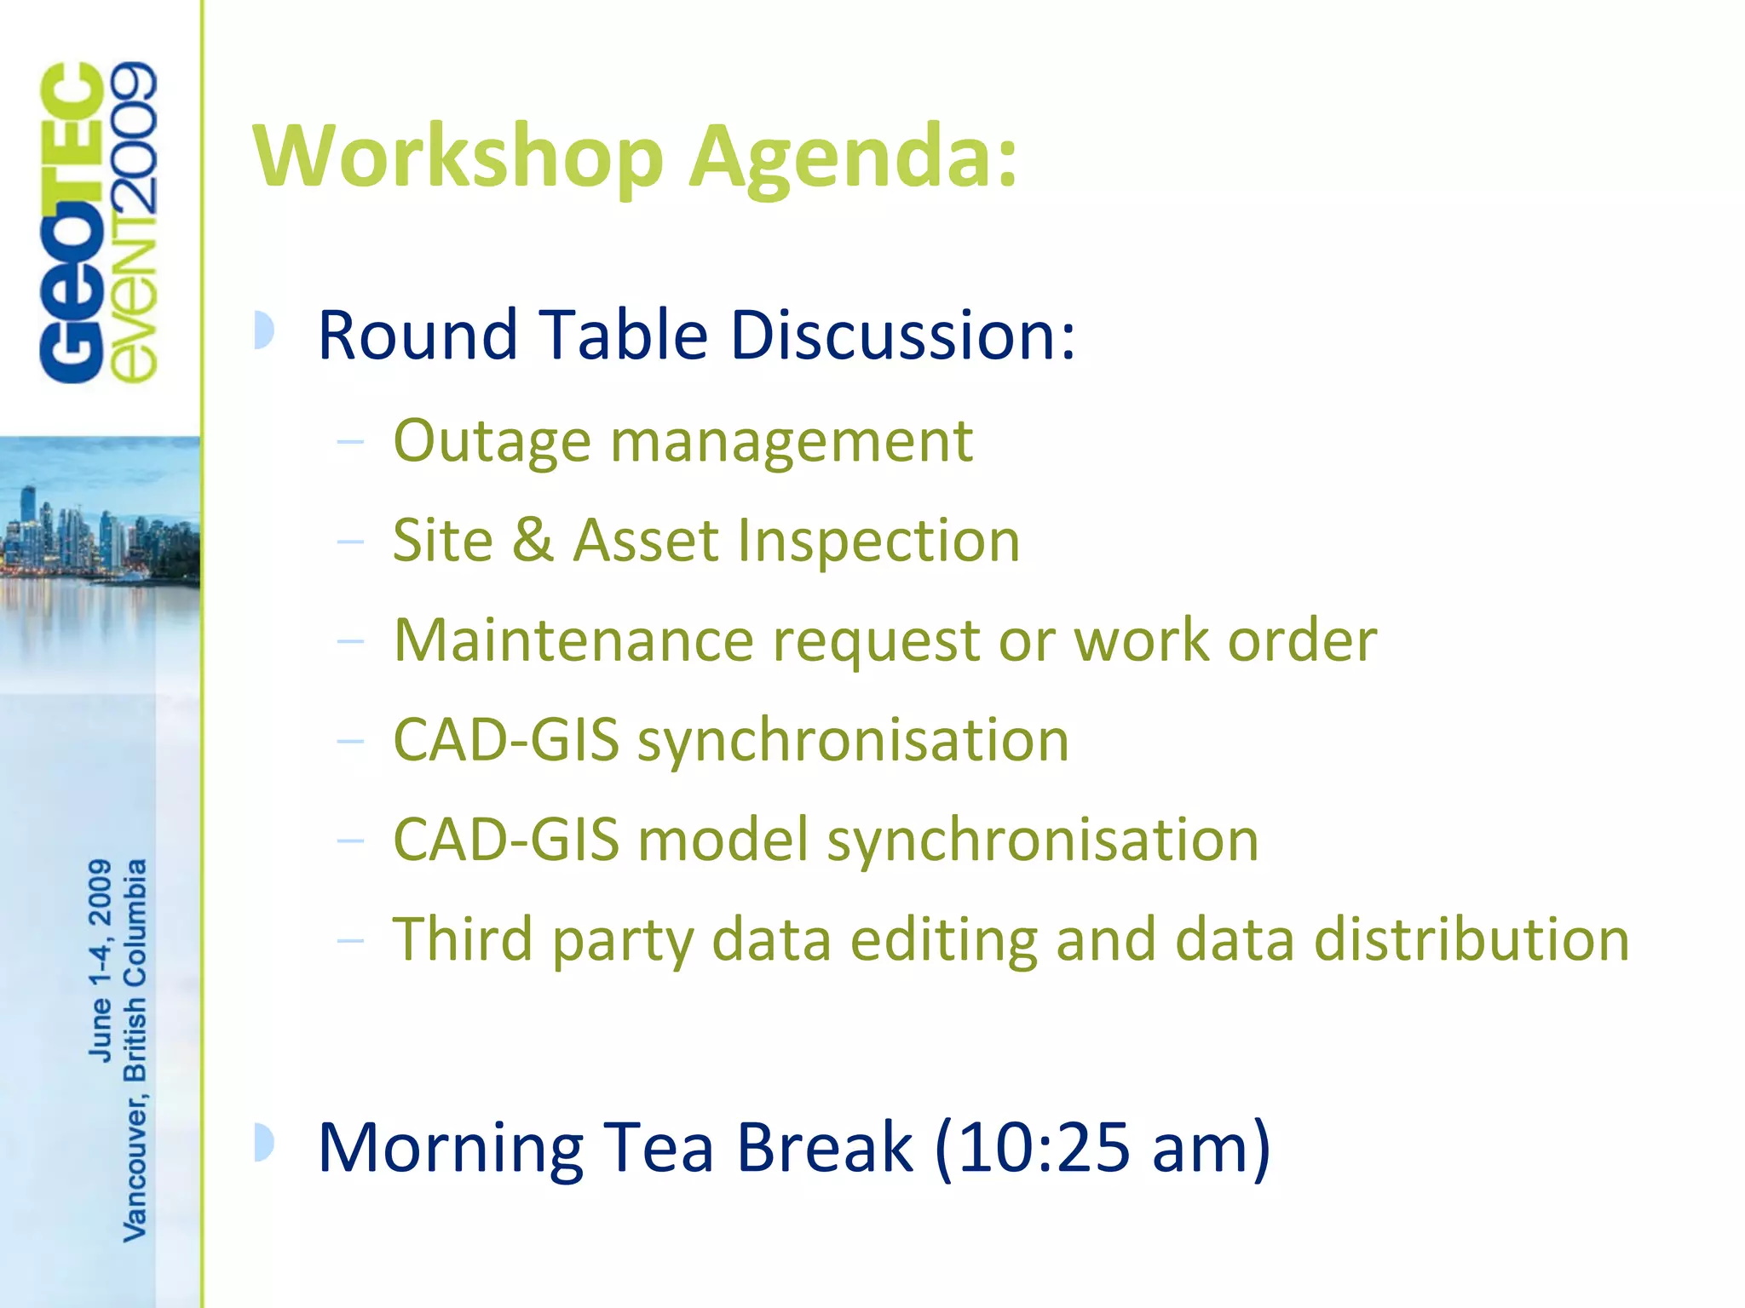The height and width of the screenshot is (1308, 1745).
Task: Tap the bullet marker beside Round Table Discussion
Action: (x=264, y=330)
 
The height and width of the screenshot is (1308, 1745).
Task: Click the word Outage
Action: (x=492, y=442)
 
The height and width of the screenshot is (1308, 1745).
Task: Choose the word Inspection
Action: (x=878, y=542)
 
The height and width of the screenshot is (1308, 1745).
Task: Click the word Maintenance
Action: (x=573, y=640)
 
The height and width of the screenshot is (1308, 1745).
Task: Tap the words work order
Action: (x=1224, y=640)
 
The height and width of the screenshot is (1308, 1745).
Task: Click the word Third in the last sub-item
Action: (x=462, y=939)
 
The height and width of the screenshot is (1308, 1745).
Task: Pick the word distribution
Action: (x=1471, y=939)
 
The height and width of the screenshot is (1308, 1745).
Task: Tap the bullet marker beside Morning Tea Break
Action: (x=264, y=1143)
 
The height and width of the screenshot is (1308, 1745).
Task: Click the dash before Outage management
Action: (x=350, y=442)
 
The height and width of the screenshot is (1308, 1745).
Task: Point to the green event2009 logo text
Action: (x=135, y=223)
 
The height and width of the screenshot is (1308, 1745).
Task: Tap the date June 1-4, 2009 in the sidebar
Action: (x=101, y=960)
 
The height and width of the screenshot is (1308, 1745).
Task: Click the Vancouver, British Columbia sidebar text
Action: (x=135, y=1049)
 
